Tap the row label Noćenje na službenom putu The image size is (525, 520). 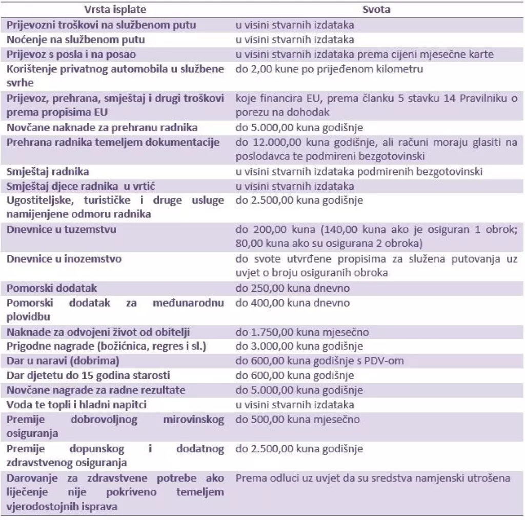(76, 39)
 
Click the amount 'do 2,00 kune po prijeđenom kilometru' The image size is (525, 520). (329, 69)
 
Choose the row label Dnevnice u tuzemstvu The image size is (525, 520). (61, 229)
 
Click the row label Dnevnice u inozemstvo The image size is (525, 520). (64, 258)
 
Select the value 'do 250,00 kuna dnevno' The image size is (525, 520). (292, 288)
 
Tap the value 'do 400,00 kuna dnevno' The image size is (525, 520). (292, 303)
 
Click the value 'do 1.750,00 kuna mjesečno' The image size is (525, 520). (302, 332)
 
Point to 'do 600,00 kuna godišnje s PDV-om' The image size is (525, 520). (319, 361)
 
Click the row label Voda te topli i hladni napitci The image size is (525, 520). (77, 405)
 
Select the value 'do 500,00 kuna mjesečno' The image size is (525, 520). (297, 419)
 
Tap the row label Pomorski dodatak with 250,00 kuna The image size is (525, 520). (52, 288)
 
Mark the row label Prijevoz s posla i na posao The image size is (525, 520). (71, 54)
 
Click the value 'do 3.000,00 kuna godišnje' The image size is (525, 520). (299, 346)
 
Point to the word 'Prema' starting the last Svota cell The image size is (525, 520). (249, 478)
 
